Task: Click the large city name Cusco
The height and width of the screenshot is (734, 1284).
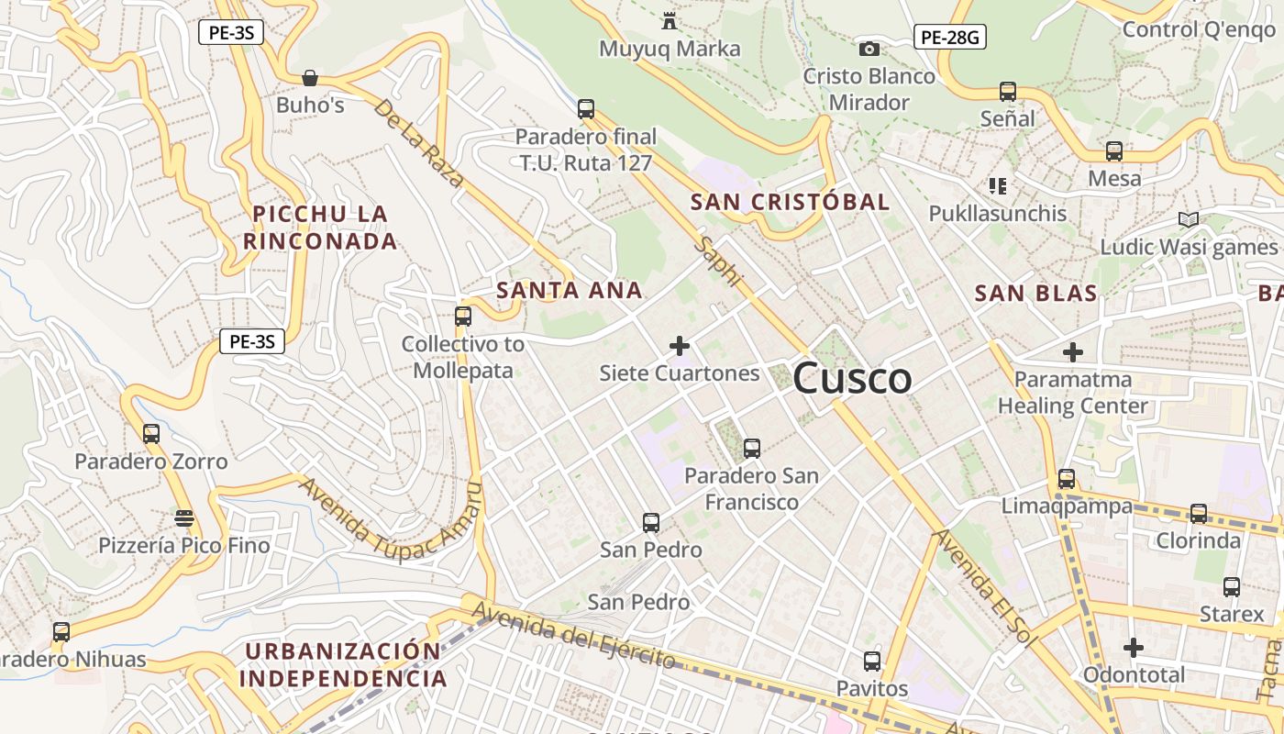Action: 852,378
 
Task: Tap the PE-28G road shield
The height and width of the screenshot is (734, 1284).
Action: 949,37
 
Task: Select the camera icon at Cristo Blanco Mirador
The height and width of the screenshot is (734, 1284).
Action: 869,49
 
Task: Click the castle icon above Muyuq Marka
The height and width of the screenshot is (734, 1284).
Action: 670,20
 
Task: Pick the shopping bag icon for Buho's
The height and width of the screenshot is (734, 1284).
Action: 310,78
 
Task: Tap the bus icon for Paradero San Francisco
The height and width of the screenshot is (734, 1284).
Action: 752,448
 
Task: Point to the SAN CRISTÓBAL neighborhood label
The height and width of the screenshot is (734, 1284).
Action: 790,202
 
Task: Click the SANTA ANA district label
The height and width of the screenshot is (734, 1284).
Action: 569,291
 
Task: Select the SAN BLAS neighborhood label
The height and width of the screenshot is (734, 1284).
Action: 1035,294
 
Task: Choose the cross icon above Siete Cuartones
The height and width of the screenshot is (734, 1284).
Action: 680,346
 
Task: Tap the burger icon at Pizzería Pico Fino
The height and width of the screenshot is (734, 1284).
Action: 184,518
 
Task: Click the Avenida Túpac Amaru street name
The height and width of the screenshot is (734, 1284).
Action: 390,518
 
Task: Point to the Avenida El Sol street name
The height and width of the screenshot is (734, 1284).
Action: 982,588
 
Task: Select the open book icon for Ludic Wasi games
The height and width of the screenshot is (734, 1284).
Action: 1189,219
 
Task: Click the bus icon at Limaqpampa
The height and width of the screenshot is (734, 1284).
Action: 1066,478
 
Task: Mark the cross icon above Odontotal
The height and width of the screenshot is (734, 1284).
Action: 1134,648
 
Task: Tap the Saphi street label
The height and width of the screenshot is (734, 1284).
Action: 716,261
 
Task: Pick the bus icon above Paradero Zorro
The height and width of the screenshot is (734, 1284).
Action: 151,433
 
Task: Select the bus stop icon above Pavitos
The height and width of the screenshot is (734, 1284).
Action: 872,661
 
